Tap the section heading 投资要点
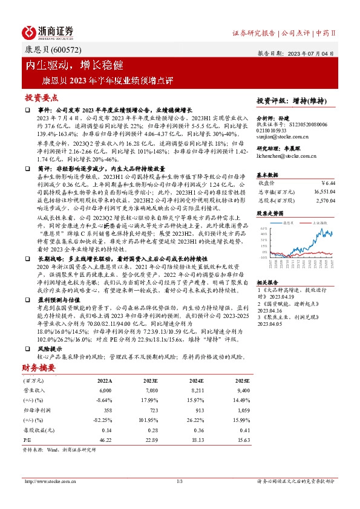pos(41,97)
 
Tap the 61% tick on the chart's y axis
pos(264,229)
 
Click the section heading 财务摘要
pos(40,367)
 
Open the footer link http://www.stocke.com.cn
pos(52,481)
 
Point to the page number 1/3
pos(179,481)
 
